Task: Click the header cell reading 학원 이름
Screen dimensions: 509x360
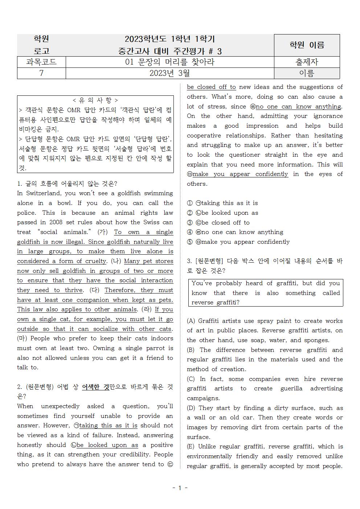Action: click(x=307, y=45)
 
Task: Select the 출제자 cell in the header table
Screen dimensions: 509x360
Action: click(x=307, y=62)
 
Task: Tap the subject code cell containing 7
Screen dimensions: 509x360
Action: click(x=41, y=73)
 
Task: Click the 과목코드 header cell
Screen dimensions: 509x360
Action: click(x=41, y=62)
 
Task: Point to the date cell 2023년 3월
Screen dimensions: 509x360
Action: click(x=169, y=73)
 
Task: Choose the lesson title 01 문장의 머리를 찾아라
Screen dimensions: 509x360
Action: click(x=169, y=62)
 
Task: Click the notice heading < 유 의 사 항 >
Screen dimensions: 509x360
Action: click(x=95, y=100)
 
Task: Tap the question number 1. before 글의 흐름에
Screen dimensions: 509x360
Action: click(x=20, y=184)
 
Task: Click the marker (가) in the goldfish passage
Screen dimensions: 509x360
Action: click(x=102, y=232)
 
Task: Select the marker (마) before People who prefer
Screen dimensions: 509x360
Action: click(x=22, y=338)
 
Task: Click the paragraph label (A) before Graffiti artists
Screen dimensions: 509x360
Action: click(x=191, y=321)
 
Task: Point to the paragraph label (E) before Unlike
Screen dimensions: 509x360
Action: click(x=191, y=447)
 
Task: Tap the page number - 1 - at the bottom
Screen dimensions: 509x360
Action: click(x=180, y=488)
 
